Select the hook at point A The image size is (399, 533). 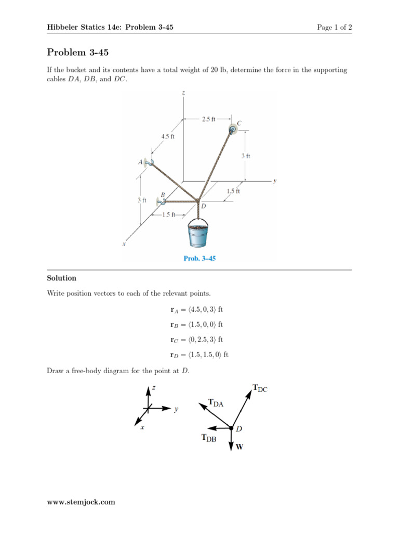pyautogui.click(x=149, y=163)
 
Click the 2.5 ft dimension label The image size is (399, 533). pyautogui.click(x=208, y=119)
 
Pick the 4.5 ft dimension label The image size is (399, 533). pyautogui.click(x=167, y=136)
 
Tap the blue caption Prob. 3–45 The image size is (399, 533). pyautogui.click(x=199, y=258)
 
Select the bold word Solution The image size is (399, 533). pyautogui.click(x=61, y=278)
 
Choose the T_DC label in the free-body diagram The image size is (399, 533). pyautogui.click(x=260, y=388)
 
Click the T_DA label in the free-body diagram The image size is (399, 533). pyautogui.click(x=216, y=402)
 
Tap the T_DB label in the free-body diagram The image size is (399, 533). pyautogui.click(x=209, y=438)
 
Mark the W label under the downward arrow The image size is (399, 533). pyautogui.click(x=240, y=447)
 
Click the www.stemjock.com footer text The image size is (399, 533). pyautogui.click(x=81, y=502)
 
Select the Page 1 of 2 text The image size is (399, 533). pyautogui.click(x=335, y=27)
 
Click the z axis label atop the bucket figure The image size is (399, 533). pyautogui.click(x=184, y=93)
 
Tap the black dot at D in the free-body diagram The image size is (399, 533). pyautogui.click(x=232, y=428)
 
